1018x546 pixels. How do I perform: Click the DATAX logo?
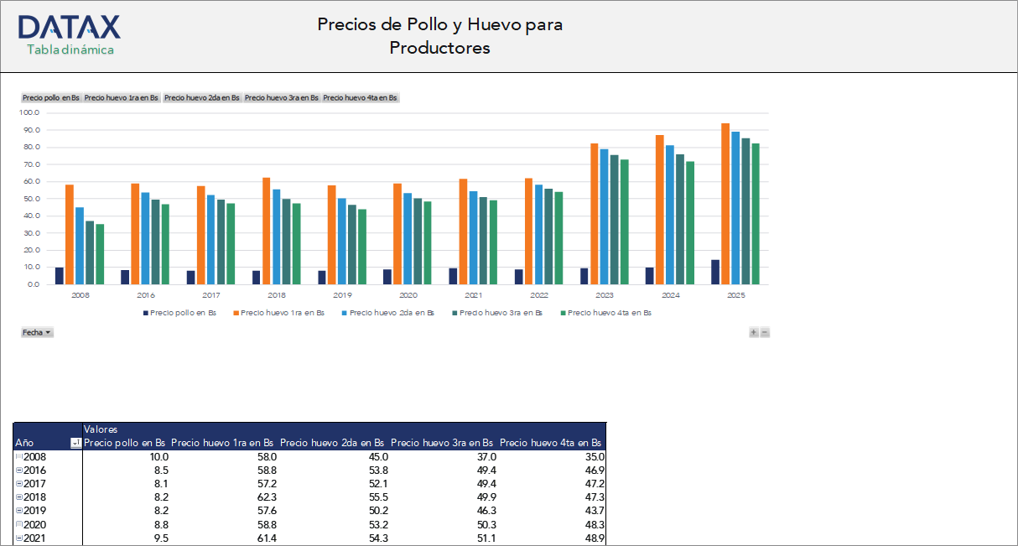[70, 27]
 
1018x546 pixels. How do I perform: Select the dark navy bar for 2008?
[60, 276]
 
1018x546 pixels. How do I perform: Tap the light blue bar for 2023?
[603, 216]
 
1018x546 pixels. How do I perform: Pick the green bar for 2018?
[296, 243]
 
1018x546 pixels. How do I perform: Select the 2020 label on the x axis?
[408, 295]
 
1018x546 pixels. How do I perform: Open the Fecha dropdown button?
[37, 332]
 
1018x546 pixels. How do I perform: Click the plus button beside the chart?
[753, 332]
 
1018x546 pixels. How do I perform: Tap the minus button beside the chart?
[764, 332]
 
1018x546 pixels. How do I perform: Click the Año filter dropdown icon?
[75, 443]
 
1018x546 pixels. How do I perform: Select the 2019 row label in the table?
[36, 510]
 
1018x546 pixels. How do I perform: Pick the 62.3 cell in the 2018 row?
[266, 497]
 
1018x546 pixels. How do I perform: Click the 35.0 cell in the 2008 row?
[593, 456]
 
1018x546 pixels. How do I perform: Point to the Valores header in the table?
[101, 429]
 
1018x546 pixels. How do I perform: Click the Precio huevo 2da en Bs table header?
[332, 442]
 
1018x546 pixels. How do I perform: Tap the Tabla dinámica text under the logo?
[70, 49]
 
